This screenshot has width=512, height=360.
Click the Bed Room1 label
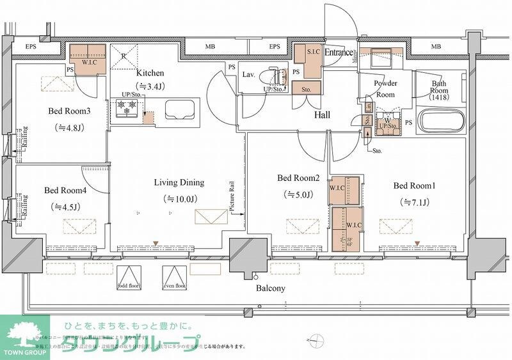tap(414, 186)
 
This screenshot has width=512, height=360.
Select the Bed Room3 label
tap(69, 111)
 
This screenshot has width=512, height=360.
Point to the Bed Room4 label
tap(65, 191)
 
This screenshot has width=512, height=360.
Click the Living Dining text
tap(179, 183)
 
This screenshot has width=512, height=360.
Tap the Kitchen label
tap(149, 73)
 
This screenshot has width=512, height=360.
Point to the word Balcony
tap(270, 288)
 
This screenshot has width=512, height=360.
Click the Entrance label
tap(339, 52)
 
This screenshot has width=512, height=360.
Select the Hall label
tap(322, 115)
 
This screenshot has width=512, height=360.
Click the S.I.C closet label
tap(314, 52)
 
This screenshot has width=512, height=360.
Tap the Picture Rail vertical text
tap(234, 198)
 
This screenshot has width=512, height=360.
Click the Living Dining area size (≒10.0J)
tap(179, 200)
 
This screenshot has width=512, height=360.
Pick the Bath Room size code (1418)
tap(438, 97)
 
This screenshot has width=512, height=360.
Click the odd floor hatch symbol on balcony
tap(129, 276)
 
